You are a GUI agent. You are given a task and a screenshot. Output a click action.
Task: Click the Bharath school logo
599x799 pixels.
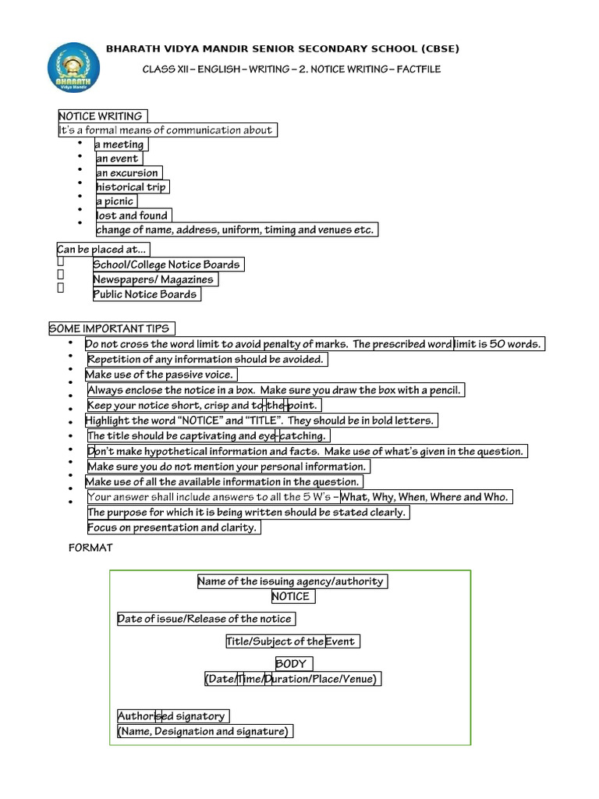74,68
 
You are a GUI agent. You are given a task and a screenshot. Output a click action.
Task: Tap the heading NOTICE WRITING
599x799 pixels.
101,116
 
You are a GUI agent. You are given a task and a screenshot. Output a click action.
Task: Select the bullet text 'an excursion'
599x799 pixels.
127,173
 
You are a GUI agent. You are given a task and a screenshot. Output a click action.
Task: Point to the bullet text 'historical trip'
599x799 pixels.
131,187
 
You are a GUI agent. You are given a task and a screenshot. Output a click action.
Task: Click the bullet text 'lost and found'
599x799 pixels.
132,215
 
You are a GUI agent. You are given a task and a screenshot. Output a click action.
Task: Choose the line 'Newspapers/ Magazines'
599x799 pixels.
153,279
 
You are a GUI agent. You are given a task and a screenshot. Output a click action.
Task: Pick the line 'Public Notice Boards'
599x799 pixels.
145,294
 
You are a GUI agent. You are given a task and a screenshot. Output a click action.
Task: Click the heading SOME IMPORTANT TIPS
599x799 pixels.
111,328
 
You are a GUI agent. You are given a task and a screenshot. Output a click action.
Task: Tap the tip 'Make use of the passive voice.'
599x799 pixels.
159,375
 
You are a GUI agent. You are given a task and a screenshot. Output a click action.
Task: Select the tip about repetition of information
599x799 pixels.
205,360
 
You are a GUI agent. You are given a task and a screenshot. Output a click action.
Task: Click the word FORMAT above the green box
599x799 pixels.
90,548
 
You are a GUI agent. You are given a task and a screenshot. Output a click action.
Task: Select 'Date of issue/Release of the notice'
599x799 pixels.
205,620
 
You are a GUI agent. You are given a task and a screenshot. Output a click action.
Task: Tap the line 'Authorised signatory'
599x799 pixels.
172,716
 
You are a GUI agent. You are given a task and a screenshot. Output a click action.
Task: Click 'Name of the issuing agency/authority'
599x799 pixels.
291,581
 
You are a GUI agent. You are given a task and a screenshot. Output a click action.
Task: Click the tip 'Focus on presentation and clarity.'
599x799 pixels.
172,528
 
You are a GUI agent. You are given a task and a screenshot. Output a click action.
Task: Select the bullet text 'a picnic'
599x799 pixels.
115,201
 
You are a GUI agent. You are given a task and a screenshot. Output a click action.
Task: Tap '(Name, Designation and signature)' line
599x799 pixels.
204,732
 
